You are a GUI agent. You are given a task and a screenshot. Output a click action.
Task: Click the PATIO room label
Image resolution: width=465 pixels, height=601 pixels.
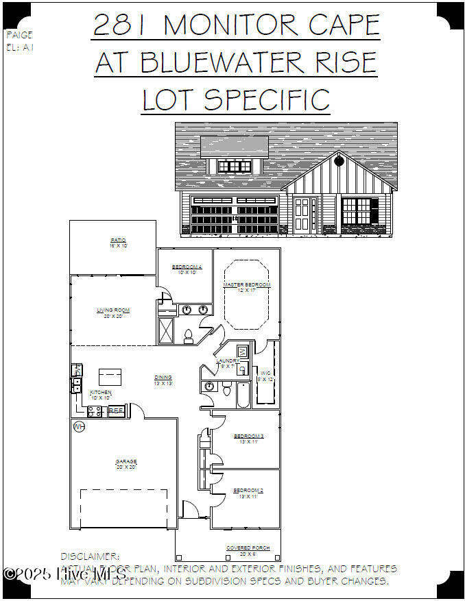(x=119, y=241)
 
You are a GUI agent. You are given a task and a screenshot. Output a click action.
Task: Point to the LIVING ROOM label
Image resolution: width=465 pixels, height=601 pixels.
(x=113, y=310)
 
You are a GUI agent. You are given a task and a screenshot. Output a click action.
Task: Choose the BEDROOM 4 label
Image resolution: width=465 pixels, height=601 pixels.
(x=186, y=267)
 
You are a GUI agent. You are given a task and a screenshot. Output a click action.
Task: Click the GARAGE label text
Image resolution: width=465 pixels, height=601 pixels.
(x=126, y=462)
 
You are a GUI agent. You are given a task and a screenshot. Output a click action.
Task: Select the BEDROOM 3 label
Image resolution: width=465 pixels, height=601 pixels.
(x=248, y=436)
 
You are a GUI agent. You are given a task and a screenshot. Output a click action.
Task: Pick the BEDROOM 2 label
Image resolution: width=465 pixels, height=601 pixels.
(x=248, y=491)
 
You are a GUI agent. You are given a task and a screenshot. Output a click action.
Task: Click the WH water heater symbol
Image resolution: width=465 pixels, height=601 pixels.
(x=79, y=427)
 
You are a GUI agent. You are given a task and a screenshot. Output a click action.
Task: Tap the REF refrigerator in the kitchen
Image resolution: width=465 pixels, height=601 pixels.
(x=117, y=411)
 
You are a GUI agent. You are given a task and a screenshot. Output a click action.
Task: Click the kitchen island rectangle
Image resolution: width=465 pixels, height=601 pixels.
(x=110, y=376)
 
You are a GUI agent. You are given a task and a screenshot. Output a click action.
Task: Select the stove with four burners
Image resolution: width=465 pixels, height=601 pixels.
(x=95, y=411)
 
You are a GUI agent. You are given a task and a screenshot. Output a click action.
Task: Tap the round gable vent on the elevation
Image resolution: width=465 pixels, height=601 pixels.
(x=339, y=162)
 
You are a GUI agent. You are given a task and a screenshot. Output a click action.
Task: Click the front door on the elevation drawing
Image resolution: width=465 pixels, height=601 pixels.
(x=302, y=213)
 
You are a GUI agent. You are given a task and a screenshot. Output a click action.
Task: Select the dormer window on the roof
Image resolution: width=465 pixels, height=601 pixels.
(x=235, y=166)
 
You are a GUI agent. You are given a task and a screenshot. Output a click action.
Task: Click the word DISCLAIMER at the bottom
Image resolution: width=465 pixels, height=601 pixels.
(x=91, y=557)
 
